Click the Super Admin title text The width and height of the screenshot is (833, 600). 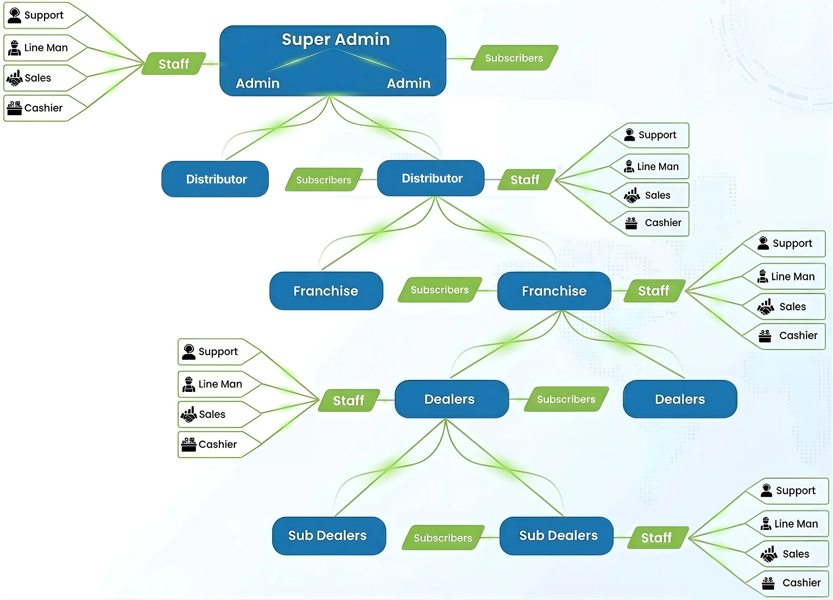coord(336,39)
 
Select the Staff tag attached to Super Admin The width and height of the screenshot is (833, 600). coord(174,64)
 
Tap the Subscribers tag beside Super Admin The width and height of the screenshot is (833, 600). coord(514,58)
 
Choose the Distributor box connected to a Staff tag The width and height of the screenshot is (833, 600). coord(431,178)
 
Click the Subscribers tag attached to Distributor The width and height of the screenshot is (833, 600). coord(324,180)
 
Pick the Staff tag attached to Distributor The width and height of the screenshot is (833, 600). coord(525,180)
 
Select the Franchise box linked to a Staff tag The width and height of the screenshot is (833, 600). coord(554,291)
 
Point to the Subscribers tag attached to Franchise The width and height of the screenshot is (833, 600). coord(439,290)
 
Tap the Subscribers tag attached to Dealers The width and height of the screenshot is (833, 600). coord(566,399)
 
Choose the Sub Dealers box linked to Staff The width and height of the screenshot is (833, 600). coord(557,536)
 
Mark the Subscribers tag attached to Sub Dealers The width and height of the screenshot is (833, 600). coord(443,538)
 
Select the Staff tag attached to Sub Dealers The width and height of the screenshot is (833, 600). coord(656,538)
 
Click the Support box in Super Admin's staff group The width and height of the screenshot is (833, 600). coord(43,15)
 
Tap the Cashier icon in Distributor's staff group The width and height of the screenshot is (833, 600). coord(631,223)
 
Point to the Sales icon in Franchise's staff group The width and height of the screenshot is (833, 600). coord(766,307)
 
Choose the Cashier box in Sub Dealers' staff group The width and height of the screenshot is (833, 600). coord(795,583)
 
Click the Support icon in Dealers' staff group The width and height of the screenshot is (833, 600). coord(189,352)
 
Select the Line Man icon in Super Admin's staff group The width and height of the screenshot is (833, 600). coord(15,48)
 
